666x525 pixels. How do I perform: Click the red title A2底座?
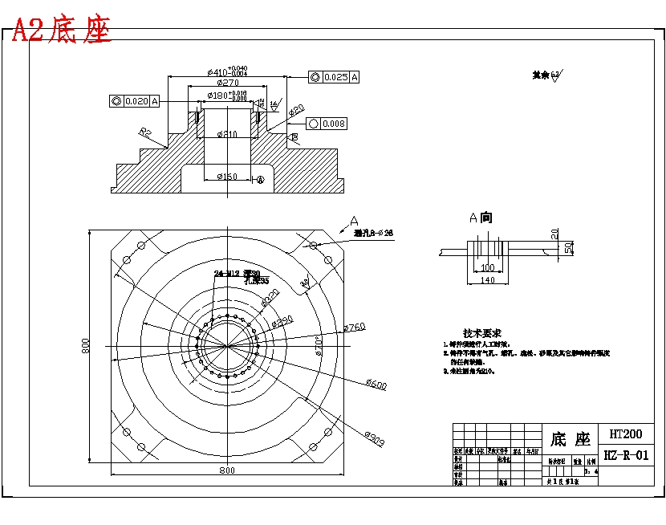coord(62,30)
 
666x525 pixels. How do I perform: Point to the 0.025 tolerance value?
coord(335,77)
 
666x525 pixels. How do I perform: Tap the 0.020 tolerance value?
coord(136,101)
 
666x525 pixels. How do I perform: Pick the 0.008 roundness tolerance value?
coord(333,124)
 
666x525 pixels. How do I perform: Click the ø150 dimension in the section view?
coord(226,177)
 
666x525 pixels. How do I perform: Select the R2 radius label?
coord(145,132)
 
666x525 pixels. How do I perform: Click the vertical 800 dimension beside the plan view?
coord(85,346)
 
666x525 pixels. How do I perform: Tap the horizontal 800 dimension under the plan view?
coord(227,470)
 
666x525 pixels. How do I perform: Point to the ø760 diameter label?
coord(354,327)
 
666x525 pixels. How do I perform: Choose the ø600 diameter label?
coord(376,385)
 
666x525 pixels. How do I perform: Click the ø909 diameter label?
coord(375,438)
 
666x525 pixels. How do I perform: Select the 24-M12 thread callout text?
coord(228,274)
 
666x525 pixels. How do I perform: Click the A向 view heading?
coord(481,218)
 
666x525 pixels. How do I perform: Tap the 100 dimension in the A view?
coord(486,267)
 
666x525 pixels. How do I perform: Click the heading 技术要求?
coord(482,332)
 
